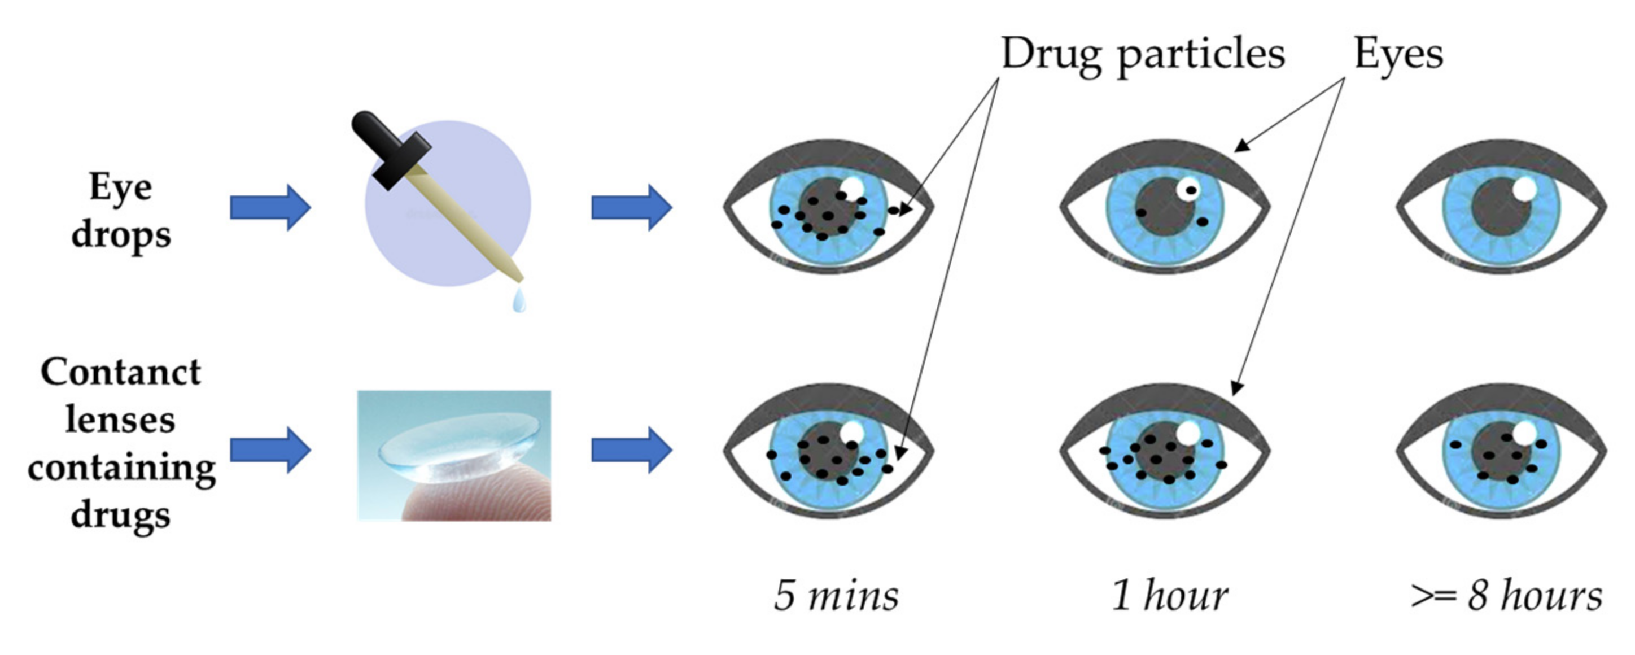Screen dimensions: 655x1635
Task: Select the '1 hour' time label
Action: [x=1169, y=596]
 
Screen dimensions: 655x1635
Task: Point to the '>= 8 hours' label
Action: [x=1506, y=596]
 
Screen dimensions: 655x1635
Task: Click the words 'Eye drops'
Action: [x=121, y=211]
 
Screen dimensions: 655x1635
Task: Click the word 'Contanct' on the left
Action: [x=121, y=372]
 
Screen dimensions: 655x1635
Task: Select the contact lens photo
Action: [x=454, y=455]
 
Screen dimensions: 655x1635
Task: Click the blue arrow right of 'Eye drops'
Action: [x=270, y=208]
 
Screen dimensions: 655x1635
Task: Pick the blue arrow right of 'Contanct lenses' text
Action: [x=270, y=450]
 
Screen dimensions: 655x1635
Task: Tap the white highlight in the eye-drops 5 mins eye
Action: [x=851, y=187]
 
